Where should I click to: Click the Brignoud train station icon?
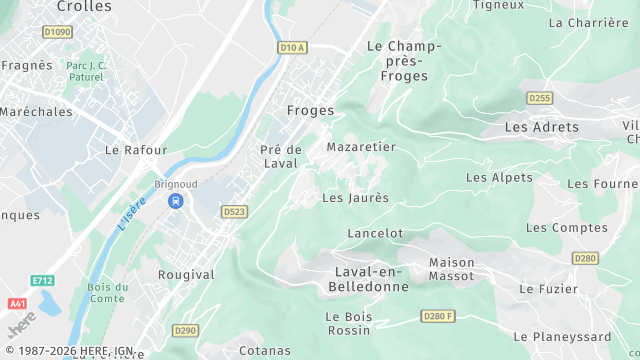coord(176,201)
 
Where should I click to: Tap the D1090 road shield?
coord(58,32)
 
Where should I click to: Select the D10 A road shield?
coord(291,47)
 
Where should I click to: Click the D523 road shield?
coord(234,212)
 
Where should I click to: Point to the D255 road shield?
coord(539,97)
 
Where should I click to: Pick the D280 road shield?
coord(585,258)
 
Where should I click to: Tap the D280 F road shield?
coord(438,316)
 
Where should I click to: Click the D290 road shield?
coord(185,330)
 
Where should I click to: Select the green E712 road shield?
coord(41,281)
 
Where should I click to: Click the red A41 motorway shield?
coord(16,303)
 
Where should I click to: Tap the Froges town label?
coord(310,111)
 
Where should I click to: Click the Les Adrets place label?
coord(541,127)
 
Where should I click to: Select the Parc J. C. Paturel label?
coord(85,71)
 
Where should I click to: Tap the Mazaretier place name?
coord(361,147)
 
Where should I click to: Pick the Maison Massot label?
coord(451,269)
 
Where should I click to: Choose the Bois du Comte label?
coord(106,293)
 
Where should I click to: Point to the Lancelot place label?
coord(374,233)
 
